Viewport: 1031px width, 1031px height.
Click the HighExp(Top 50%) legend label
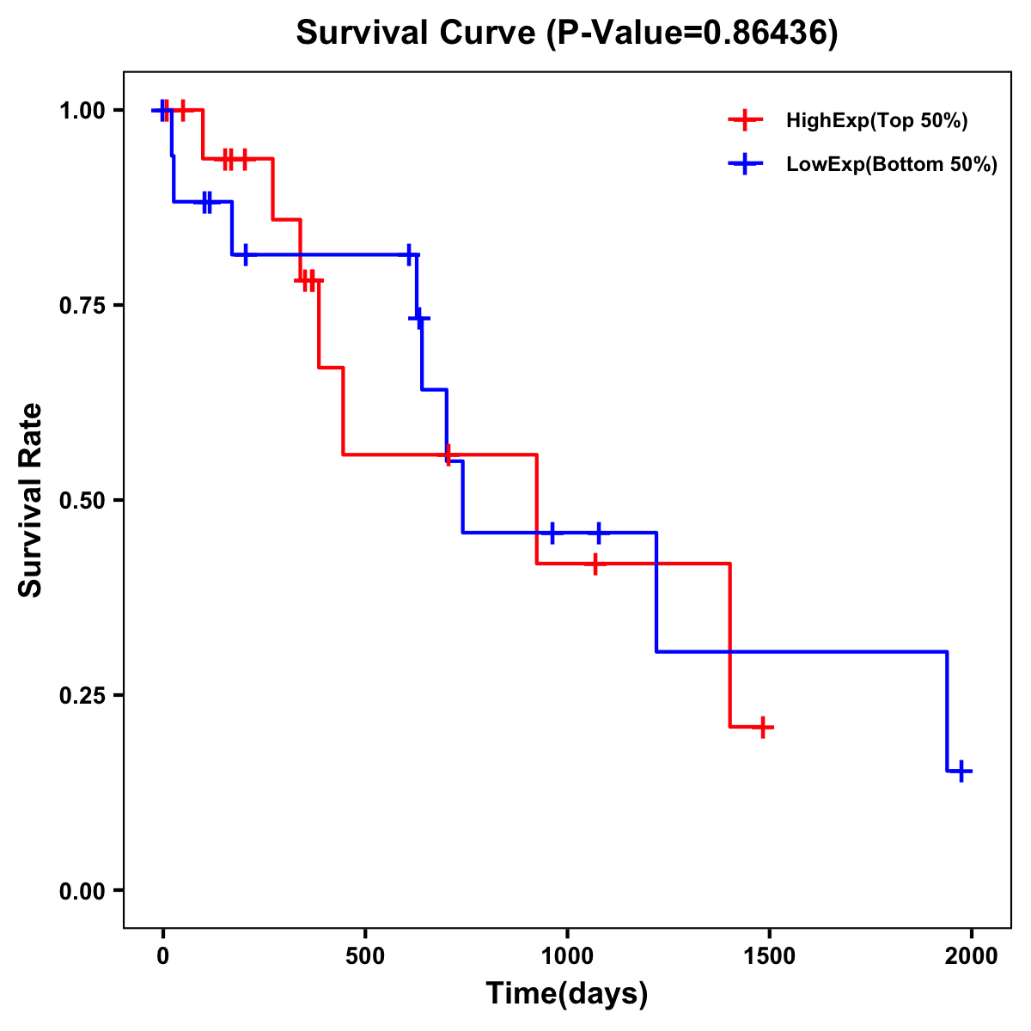click(876, 121)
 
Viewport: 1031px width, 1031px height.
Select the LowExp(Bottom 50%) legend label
click(891, 165)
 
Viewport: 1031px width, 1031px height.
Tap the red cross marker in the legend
click(745, 120)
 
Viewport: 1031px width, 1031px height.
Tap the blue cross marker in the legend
click(745, 164)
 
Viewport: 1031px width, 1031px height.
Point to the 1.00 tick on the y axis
click(82, 111)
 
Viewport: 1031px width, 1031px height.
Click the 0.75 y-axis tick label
click(82, 306)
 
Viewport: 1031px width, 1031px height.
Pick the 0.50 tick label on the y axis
click(82, 501)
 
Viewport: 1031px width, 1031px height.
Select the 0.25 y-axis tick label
click(82, 696)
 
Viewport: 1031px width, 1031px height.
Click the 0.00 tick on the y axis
click(82, 891)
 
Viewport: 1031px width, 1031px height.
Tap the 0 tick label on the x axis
click(162, 956)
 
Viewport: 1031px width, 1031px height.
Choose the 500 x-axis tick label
click(365, 956)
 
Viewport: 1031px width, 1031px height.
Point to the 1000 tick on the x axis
click(567, 956)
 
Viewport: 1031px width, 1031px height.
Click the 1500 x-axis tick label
click(770, 956)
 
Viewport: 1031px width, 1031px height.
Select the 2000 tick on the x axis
click(972, 956)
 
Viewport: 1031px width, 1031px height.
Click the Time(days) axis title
click(566, 994)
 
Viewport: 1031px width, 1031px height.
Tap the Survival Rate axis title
click(32, 500)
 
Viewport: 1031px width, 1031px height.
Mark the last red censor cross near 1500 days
click(762, 728)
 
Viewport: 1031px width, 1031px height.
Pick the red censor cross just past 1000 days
click(595, 564)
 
